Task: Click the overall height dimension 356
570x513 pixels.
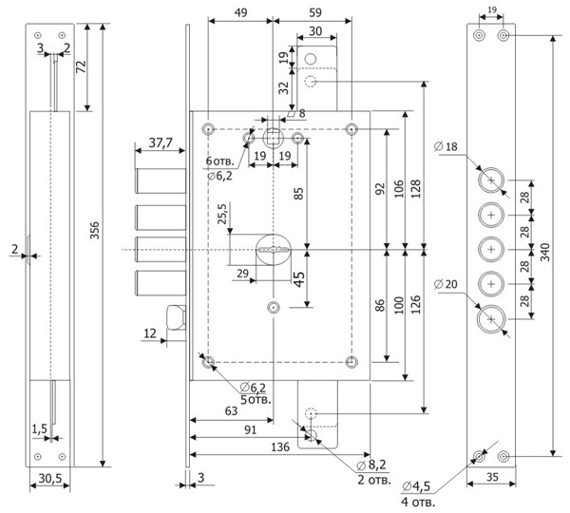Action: [x=94, y=230]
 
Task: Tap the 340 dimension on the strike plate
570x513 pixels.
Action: [x=545, y=252]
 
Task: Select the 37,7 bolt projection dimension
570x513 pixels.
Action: [x=161, y=142]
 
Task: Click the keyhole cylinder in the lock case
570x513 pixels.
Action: [x=274, y=250]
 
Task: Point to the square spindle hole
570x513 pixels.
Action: [x=273, y=138]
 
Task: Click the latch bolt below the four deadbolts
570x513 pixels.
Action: [x=176, y=317]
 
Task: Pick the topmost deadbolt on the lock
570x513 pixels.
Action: [x=161, y=180]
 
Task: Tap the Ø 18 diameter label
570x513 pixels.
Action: [x=446, y=146]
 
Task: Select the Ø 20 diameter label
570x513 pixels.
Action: [x=446, y=284]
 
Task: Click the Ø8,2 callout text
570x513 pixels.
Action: [x=371, y=465]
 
